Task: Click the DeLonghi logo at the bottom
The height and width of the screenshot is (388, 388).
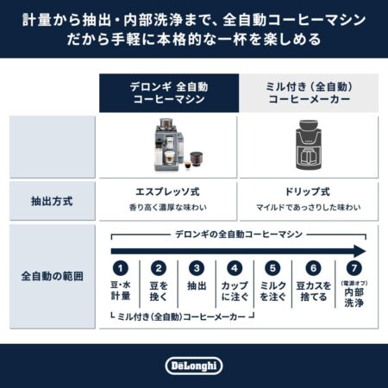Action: tap(194, 366)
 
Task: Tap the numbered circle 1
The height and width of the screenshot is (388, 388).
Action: tap(121, 268)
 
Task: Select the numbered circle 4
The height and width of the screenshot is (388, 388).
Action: tap(235, 268)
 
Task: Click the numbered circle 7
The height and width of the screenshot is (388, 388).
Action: tap(354, 268)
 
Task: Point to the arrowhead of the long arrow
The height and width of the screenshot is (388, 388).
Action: tap(360, 251)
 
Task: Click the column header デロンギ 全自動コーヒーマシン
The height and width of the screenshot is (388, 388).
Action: tap(169, 93)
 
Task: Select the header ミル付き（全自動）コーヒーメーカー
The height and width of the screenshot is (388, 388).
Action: tap(309, 93)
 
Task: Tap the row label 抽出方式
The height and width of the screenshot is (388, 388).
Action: tap(52, 201)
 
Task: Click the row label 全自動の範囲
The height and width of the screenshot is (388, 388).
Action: tap(52, 276)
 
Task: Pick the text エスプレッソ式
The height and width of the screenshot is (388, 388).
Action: tap(167, 191)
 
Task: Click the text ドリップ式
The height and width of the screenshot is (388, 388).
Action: tap(308, 191)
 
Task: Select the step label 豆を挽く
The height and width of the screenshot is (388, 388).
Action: tap(159, 291)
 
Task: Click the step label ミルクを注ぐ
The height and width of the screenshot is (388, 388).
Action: tap(272, 291)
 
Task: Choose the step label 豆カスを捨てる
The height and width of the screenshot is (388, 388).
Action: tap(314, 291)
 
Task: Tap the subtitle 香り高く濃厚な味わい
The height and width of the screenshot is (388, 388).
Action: tap(168, 207)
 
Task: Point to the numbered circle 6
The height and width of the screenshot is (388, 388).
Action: tap(313, 268)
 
